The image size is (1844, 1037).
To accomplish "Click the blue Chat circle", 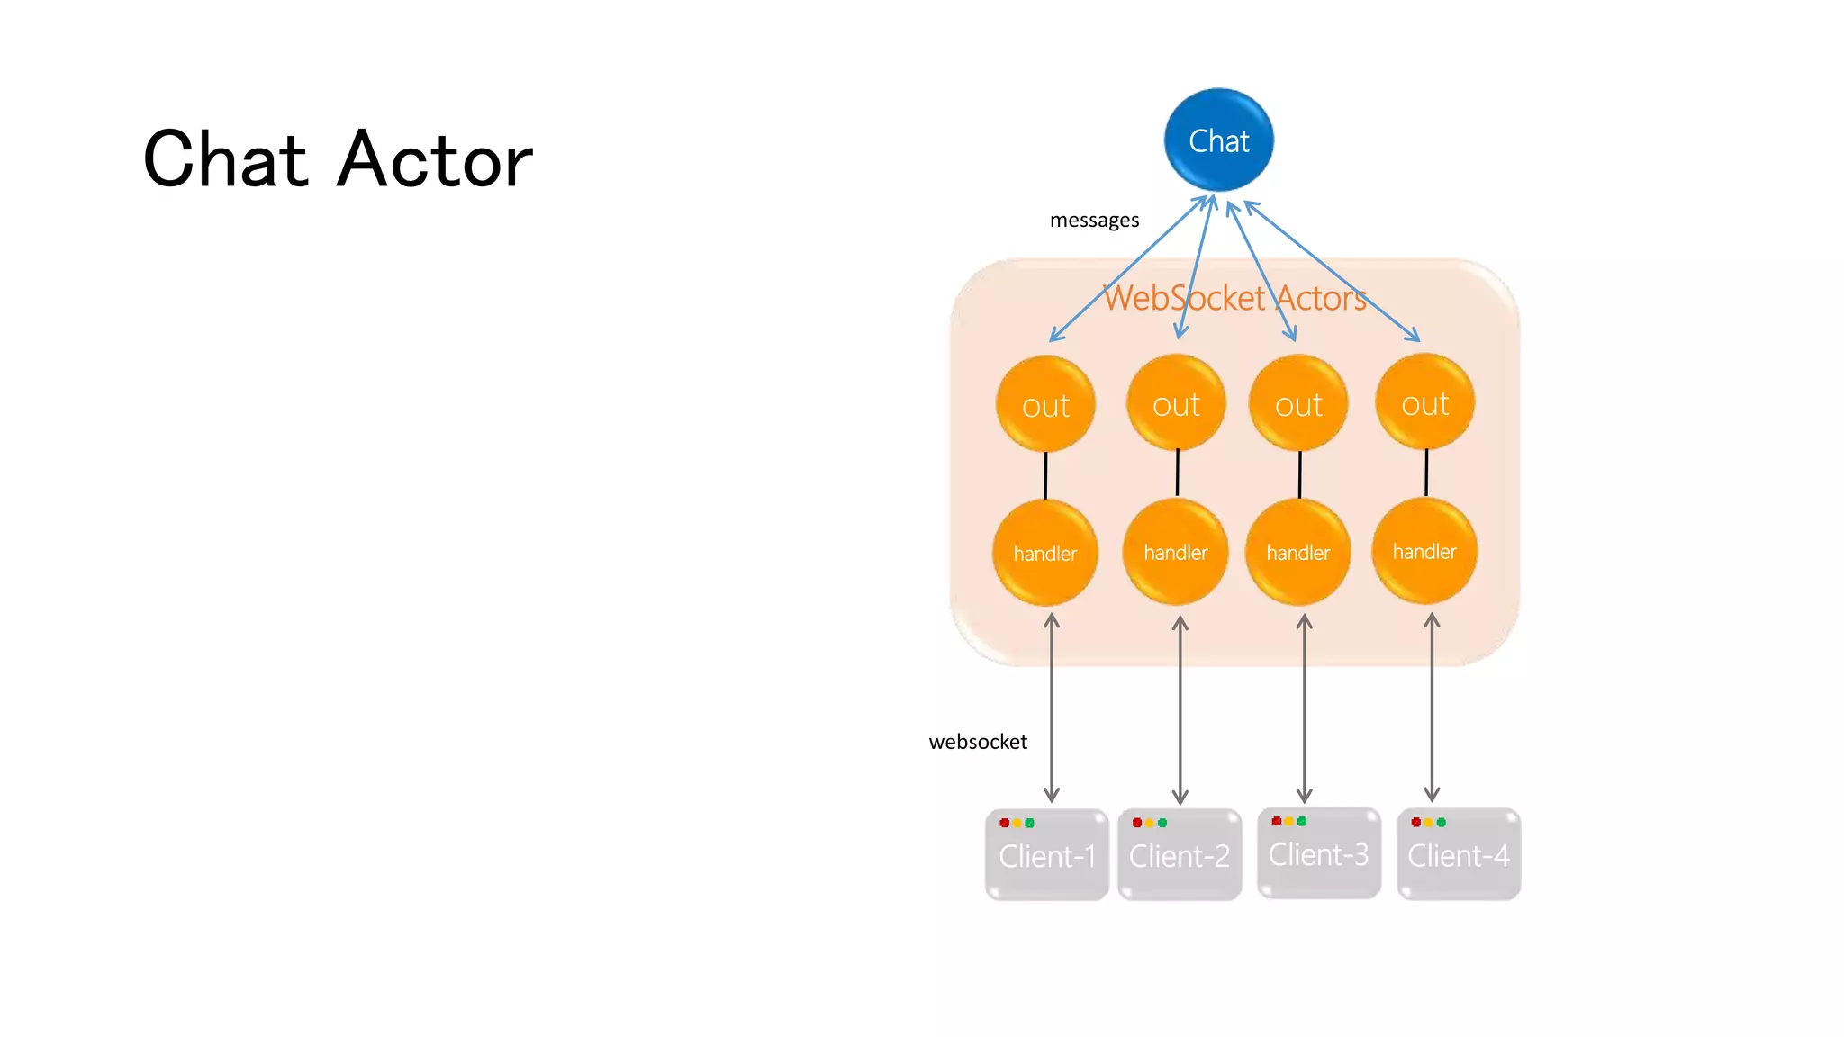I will coord(1218,140).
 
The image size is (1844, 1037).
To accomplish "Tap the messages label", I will coord(1094,221).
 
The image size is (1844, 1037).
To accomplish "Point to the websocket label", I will coord(978,742).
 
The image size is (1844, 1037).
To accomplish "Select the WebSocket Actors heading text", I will coord(1234,298).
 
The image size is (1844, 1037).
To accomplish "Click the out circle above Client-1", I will coord(1045,404).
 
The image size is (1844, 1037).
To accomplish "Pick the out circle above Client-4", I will coord(1424,402).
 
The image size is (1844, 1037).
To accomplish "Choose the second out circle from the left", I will coord(1176,403).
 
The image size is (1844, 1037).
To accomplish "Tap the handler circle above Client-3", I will coord(1297,552).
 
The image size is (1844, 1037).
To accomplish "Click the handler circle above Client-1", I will coord(1044,553).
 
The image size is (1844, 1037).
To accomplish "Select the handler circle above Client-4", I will coord(1424,551).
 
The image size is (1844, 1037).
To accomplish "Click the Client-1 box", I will coord(1047,855).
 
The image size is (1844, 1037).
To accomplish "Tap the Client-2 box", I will coord(1180,855).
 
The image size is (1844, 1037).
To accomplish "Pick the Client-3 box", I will coord(1319,853).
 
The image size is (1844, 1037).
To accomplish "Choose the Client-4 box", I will coord(1459,855).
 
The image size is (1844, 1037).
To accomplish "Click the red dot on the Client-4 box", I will coord(1415,822).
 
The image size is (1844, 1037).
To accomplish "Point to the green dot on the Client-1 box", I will coord(1030,823).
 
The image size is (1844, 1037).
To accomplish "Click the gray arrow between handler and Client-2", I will coord(1180,711).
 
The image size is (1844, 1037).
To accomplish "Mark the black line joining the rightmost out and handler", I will coord(1426,473).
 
